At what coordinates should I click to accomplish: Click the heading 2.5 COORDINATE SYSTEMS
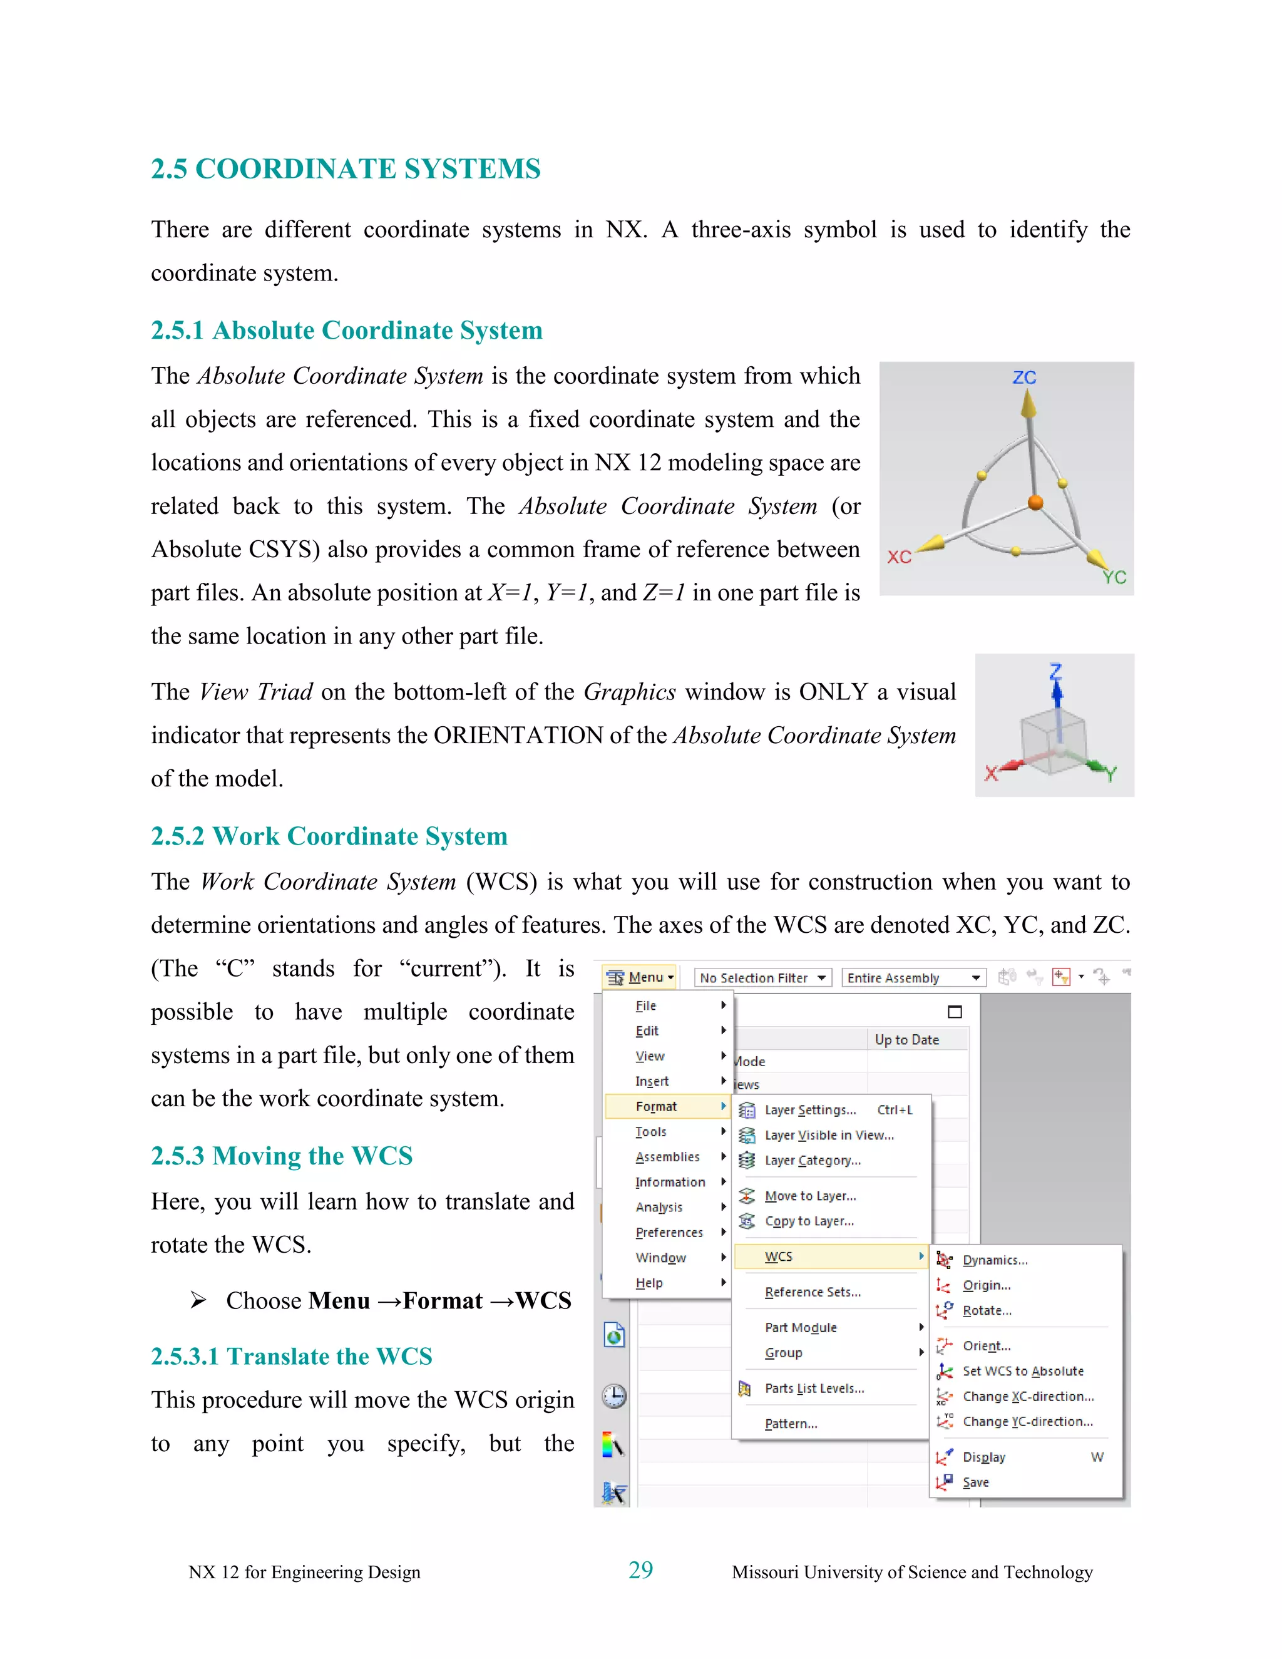[x=346, y=168]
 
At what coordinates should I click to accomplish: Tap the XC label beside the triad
[x=900, y=557]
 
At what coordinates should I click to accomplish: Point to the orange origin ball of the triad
[x=1035, y=502]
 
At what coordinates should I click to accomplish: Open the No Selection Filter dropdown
[x=762, y=978]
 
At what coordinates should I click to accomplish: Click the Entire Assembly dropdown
[x=913, y=978]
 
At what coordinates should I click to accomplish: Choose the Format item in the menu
[x=656, y=1106]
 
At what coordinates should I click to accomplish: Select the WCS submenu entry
[x=779, y=1256]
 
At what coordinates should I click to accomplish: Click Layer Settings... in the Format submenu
[x=809, y=1110]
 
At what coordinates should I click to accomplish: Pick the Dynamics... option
[x=994, y=1260]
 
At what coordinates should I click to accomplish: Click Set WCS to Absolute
[x=1022, y=1370]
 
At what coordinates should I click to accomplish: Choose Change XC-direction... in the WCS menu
[x=1028, y=1396]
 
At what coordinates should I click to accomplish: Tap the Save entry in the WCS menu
[x=975, y=1482]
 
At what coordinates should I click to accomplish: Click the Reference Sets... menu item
[x=812, y=1292]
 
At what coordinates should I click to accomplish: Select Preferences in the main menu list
[x=669, y=1232]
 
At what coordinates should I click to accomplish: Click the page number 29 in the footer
[x=640, y=1569]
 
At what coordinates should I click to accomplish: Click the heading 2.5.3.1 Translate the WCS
[x=291, y=1356]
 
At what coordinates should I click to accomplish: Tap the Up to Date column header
[x=907, y=1039]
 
